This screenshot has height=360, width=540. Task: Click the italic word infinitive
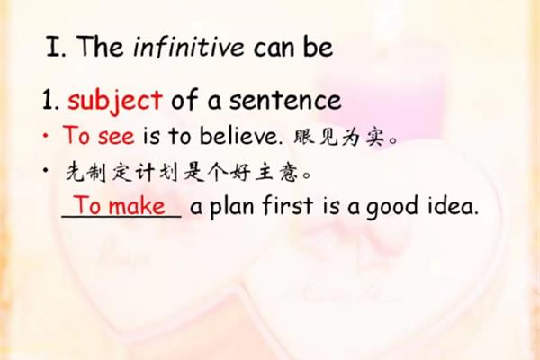(x=189, y=47)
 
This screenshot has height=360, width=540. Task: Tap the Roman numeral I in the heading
(x=53, y=47)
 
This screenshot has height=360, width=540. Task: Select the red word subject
(x=115, y=100)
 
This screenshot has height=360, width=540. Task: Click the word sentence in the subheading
(x=285, y=100)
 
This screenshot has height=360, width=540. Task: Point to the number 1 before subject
(x=47, y=100)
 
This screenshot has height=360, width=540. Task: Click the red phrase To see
(x=98, y=135)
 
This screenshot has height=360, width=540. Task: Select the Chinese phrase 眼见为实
(x=338, y=138)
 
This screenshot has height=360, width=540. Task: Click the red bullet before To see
(x=46, y=136)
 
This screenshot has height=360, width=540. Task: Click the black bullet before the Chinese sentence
(x=46, y=170)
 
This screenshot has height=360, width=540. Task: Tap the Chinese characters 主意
(x=276, y=172)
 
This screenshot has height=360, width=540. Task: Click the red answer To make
(x=120, y=206)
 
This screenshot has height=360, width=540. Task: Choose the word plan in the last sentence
(x=232, y=206)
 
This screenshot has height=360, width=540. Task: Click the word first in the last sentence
(x=288, y=205)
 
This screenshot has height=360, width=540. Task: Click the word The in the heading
(x=100, y=46)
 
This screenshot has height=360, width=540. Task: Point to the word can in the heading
(x=275, y=49)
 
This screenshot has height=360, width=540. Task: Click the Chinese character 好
(x=240, y=172)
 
